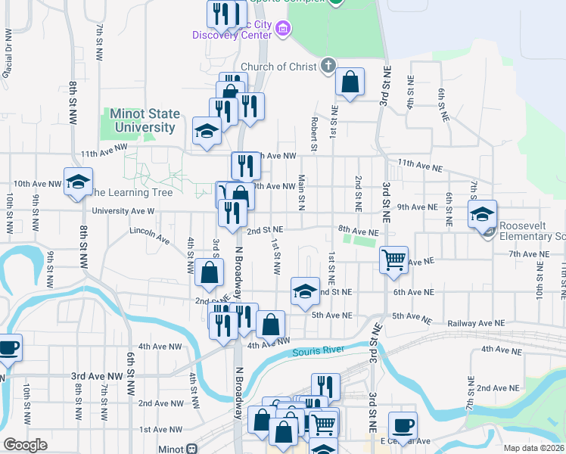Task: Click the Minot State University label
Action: [145, 120]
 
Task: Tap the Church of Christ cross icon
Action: [327, 66]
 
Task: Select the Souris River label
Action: [318, 351]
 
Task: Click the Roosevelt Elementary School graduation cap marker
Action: [482, 213]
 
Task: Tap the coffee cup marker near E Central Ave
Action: [403, 424]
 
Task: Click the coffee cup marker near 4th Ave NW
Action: [8, 347]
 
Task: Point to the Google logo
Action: [25, 445]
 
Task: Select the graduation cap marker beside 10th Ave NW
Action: [77, 181]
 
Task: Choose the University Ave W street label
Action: [123, 212]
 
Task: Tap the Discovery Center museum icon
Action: [283, 30]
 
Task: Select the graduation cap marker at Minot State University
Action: [207, 129]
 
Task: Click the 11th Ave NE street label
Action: [418, 164]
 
